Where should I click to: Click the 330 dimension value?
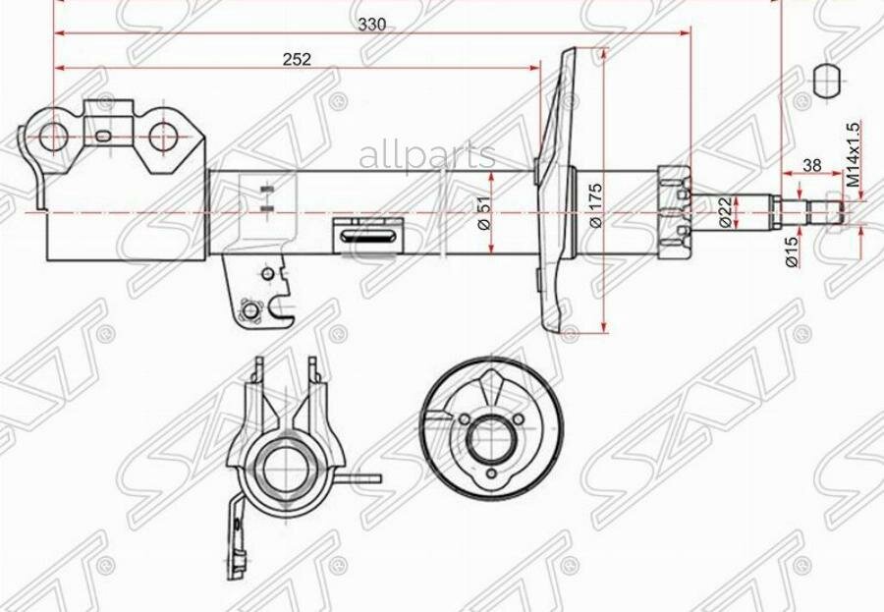tap(371, 25)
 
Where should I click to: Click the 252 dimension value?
tap(297, 59)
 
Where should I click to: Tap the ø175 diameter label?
tap(596, 209)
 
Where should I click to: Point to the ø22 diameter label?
tap(724, 210)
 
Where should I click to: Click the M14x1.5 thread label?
tap(853, 154)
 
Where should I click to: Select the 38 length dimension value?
tap(811, 165)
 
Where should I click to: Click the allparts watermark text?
tap(426, 154)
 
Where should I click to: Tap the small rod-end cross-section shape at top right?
tap(829, 82)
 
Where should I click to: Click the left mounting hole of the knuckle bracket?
tap(55, 137)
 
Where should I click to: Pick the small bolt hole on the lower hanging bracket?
tap(249, 311)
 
